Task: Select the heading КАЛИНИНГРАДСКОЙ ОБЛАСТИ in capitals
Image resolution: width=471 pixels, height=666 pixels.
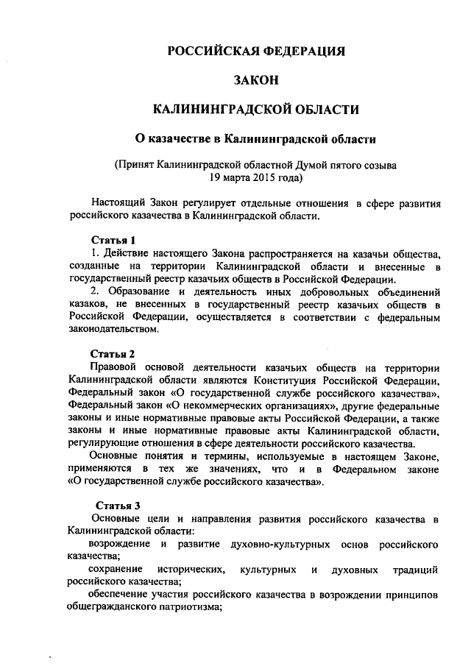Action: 255,109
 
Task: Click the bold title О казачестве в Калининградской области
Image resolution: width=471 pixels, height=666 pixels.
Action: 255,138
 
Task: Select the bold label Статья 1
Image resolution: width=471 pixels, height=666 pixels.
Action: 113,240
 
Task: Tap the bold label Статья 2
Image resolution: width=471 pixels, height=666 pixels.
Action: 113,353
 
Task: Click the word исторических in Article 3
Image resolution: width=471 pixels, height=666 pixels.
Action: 188,570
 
